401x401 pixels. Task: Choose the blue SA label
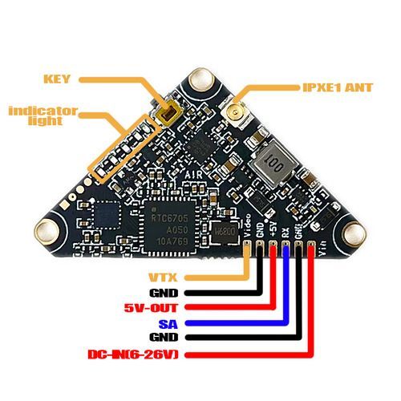point(168,323)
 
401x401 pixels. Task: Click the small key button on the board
point(167,118)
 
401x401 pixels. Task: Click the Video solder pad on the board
point(249,251)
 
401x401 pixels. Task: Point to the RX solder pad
point(286,251)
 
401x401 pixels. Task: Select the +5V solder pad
point(274,251)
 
